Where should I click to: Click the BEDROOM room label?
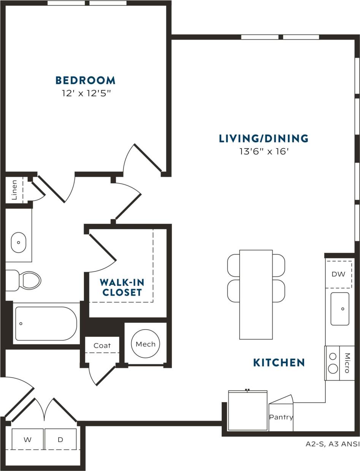click(85, 81)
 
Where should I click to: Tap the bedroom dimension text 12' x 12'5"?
click(86, 93)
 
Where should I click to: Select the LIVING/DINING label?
click(263, 139)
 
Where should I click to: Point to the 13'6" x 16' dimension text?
click(264, 151)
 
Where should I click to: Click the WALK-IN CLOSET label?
click(121, 287)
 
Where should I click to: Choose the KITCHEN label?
click(279, 363)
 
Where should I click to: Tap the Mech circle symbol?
click(146, 344)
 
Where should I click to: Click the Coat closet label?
click(102, 346)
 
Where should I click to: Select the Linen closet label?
click(14, 190)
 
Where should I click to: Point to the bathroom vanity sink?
click(18, 242)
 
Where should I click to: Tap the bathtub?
click(46, 324)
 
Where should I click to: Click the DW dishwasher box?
click(338, 274)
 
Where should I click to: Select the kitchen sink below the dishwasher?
click(340, 309)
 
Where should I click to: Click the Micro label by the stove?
click(347, 363)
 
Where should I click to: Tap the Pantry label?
click(281, 417)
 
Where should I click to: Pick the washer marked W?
click(27, 439)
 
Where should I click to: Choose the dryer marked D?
click(60, 439)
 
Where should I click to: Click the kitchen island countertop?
click(256, 295)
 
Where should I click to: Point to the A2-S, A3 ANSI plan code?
click(332, 444)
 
